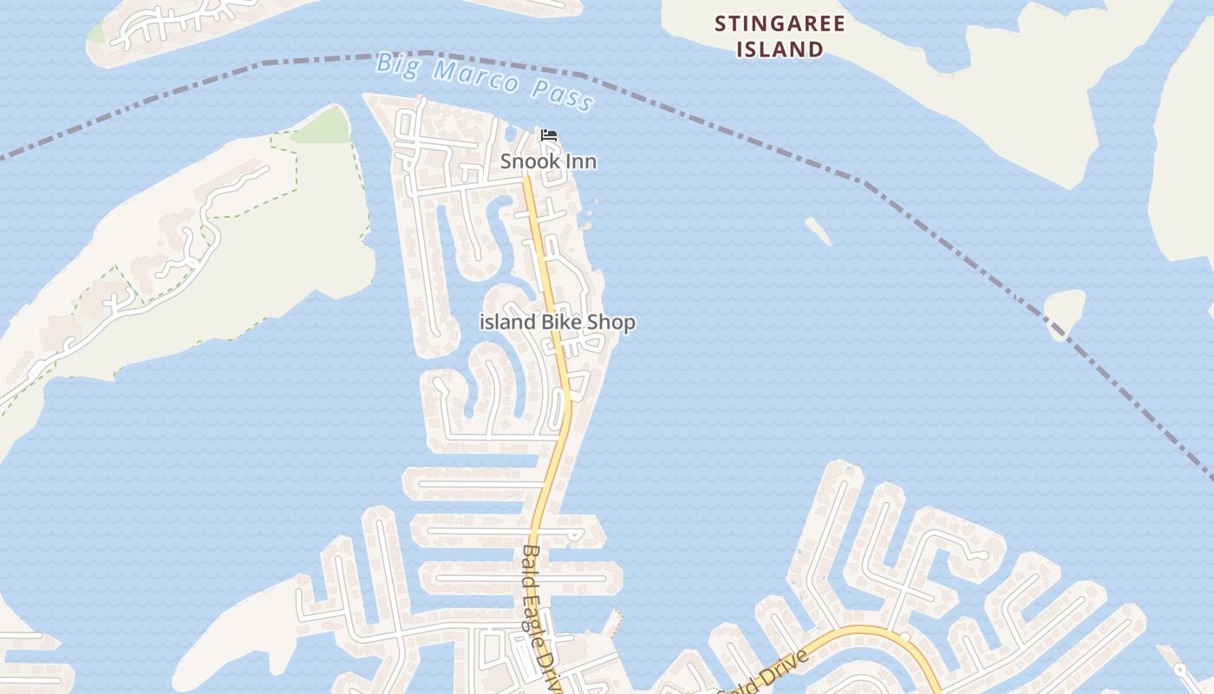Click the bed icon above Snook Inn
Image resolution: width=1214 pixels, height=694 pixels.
pos(548,134)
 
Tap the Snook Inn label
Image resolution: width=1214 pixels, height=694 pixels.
pos(548,162)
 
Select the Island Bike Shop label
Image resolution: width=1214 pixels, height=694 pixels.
pos(558,322)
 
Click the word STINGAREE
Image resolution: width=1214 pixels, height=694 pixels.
pos(780,24)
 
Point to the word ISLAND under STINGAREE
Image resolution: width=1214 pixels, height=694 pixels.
pos(780,49)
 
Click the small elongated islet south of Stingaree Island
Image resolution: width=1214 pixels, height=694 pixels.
pos(819,231)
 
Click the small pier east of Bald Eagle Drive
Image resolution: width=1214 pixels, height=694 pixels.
pos(616,621)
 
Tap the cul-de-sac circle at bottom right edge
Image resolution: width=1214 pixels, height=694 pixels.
pos(1179,670)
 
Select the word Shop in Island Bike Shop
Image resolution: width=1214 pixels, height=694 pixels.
pos(611,322)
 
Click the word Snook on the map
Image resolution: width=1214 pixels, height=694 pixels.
pos(531,162)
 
